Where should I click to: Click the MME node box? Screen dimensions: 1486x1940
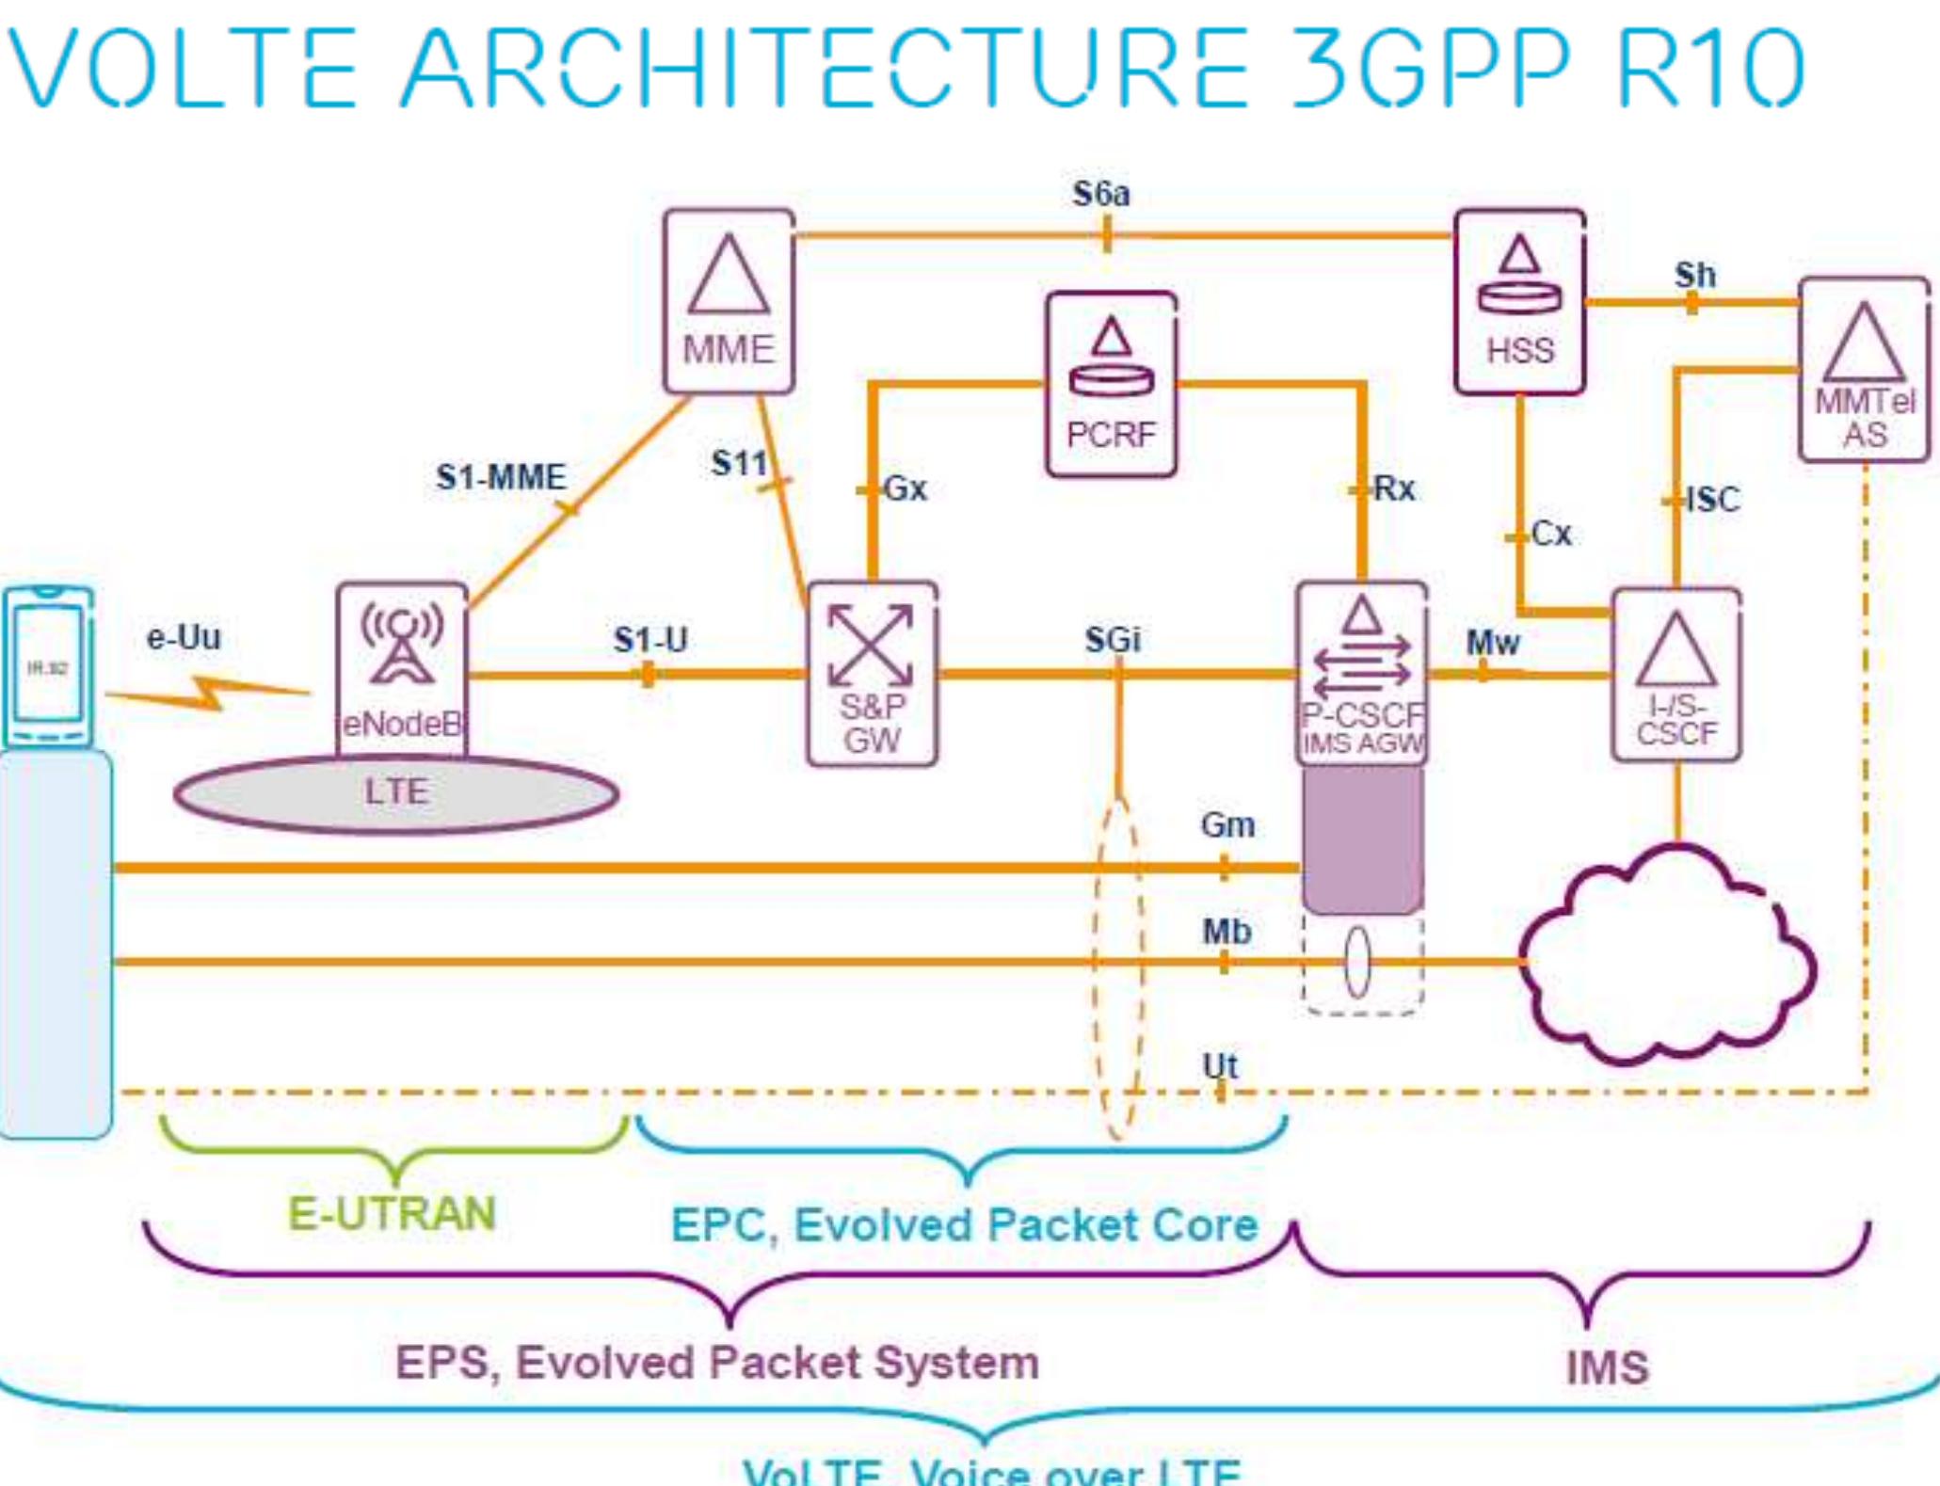point(729,302)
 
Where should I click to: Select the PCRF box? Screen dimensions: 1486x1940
point(1111,384)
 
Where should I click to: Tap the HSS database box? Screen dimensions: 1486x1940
point(1519,302)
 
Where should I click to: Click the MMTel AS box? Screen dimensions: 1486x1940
point(1864,370)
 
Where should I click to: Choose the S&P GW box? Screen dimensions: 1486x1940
point(872,674)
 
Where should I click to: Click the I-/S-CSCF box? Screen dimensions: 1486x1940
point(1676,675)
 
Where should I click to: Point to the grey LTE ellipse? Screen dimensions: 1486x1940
point(396,793)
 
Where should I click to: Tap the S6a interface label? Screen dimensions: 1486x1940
point(1101,194)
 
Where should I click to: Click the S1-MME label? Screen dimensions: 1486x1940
point(501,477)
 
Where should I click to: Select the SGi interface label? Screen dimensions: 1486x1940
point(1113,640)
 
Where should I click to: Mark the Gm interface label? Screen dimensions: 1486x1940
point(1227,825)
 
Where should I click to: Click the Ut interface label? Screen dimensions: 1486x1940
point(1220,1065)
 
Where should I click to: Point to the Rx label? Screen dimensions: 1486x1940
point(1394,488)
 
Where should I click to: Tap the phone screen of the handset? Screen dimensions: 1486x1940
point(47,663)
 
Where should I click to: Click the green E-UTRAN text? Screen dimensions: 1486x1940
point(392,1213)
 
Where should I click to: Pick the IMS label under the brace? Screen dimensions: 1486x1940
point(1607,1367)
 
